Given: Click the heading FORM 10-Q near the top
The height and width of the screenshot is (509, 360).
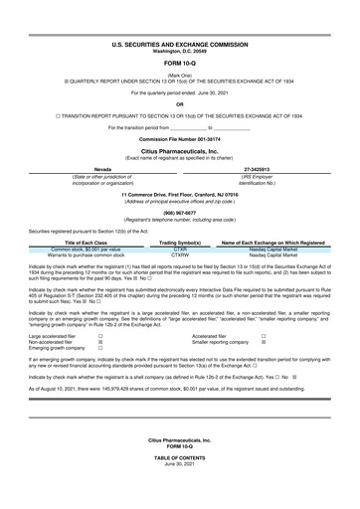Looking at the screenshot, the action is pos(180,64).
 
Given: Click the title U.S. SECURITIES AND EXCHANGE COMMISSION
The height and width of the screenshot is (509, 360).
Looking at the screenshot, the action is pos(180,46).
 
